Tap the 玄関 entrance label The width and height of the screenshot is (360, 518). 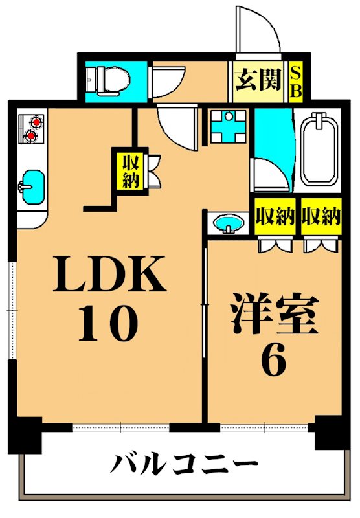(x=258, y=81)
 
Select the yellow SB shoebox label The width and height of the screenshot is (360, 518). (x=295, y=82)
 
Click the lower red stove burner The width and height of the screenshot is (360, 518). (x=30, y=135)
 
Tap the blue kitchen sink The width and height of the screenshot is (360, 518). (x=31, y=183)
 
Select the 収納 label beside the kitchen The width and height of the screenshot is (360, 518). (x=130, y=169)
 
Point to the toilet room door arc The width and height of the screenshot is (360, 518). (x=163, y=82)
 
